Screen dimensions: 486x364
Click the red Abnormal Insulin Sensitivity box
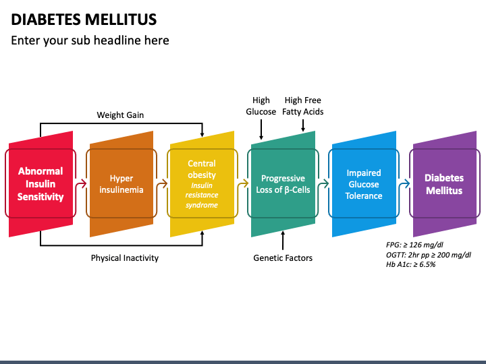point(40,184)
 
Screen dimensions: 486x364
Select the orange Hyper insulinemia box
point(122,184)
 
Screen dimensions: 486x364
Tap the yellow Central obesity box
point(202,184)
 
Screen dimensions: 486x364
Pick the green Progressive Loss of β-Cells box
point(283,184)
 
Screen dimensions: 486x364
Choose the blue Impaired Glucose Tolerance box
point(364,184)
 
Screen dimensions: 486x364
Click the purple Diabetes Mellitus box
point(445,184)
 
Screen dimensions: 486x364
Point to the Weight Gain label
point(120,115)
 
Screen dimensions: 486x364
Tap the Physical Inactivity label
point(125,257)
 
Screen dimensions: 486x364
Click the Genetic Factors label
point(283,257)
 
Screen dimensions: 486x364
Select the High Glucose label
point(261,106)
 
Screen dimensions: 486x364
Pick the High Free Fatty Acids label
point(303,106)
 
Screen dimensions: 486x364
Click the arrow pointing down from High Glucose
point(261,129)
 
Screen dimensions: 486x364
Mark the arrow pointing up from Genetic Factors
point(283,240)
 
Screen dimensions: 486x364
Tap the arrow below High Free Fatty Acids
point(303,125)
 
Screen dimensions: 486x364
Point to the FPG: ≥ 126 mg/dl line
point(414,245)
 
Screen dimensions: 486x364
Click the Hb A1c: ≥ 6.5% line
point(410,264)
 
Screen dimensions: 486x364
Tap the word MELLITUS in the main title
point(121,19)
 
